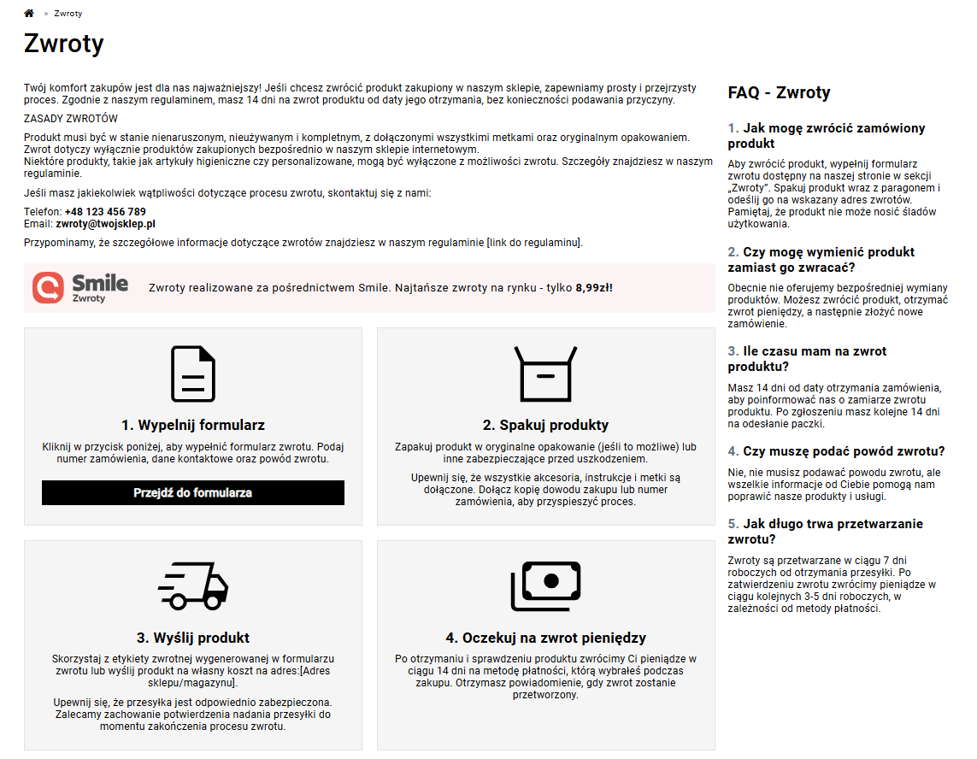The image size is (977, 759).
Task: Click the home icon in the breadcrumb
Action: tap(29, 14)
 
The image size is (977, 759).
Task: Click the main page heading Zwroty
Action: tap(64, 44)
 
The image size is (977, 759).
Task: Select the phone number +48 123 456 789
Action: tap(105, 212)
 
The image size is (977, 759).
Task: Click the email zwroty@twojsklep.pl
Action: tap(105, 224)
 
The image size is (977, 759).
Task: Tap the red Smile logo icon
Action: tap(48, 288)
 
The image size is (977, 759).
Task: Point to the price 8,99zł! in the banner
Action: tap(594, 288)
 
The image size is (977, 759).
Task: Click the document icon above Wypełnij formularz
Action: tap(193, 374)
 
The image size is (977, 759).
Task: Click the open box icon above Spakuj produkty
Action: tap(545, 374)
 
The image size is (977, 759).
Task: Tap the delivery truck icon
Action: tap(193, 585)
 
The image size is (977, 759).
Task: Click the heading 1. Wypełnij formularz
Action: tap(193, 425)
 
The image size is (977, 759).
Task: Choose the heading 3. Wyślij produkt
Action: tap(193, 638)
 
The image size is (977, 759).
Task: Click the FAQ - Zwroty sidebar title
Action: tap(779, 93)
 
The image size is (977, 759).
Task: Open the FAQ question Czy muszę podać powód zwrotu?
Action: tap(836, 451)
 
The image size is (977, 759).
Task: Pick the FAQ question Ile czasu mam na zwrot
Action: tap(807, 359)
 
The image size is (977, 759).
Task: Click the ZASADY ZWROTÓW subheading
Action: tap(71, 119)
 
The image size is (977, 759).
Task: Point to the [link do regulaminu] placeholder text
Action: tap(534, 243)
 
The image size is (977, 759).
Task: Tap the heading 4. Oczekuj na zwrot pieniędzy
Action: tap(545, 638)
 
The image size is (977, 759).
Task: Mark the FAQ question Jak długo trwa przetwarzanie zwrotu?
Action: tap(825, 532)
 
